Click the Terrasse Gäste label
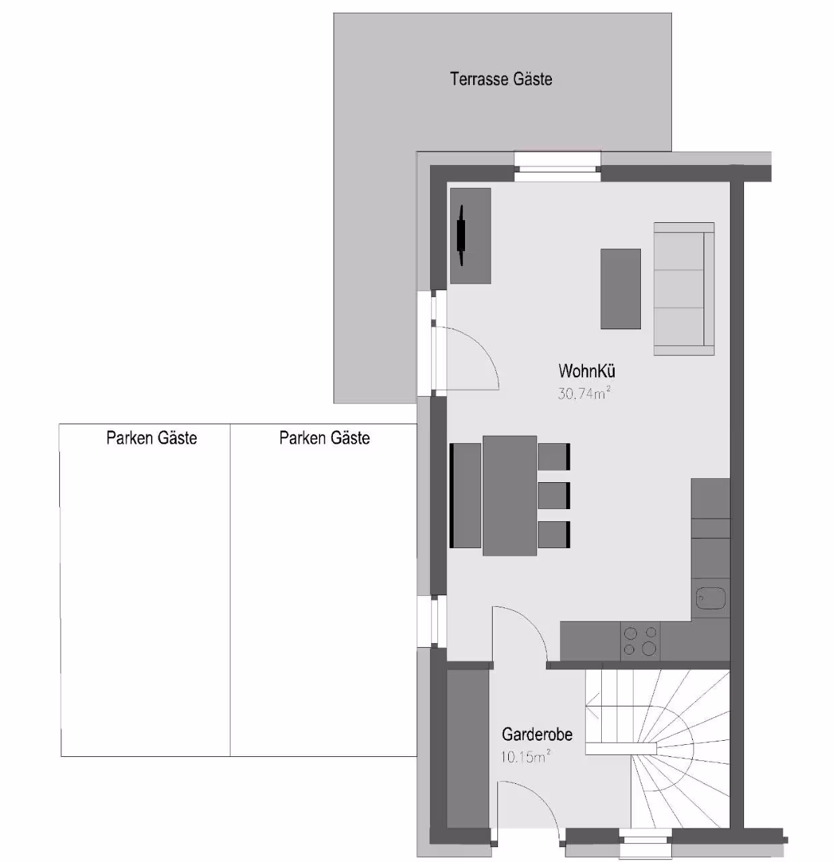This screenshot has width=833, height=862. [x=501, y=79]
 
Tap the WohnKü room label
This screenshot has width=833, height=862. [x=586, y=371]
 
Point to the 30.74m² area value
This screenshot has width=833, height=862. [x=584, y=393]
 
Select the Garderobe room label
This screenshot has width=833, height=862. [x=537, y=734]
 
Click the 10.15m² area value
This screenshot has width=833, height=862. [x=525, y=756]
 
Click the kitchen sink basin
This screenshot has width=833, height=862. [x=710, y=599]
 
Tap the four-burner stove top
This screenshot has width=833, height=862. [x=640, y=641]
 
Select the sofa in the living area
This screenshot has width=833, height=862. [x=683, y=289]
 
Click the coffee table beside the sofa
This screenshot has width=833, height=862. [x=620, y=289]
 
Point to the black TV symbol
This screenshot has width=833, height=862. [x=462, y=235]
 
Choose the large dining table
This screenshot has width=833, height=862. [x=510, y=496]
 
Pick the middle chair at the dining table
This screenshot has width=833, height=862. [x=554, y=496]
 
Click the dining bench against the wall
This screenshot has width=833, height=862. [x=465, y=495]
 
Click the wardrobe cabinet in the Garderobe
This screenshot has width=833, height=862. [x=468, y=748]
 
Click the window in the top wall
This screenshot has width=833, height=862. [x=557, y=169]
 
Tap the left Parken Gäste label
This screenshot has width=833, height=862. [x=152, y=438]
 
